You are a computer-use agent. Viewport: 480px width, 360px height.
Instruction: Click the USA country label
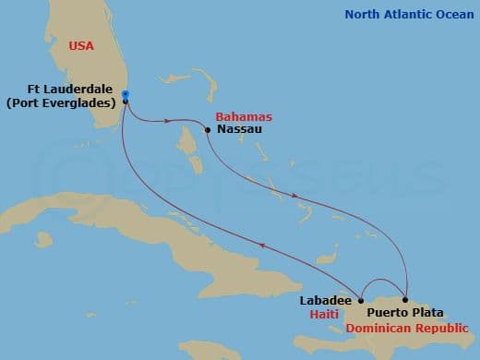81,45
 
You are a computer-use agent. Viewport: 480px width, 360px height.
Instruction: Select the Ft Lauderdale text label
70,90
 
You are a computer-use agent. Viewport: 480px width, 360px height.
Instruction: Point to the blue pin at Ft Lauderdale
125,94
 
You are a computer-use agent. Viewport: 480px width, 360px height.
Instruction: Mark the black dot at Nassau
209,130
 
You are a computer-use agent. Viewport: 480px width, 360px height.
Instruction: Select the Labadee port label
326,300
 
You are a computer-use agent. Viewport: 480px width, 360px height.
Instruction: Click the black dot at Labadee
361,300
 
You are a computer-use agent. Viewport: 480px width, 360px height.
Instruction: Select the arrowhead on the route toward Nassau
169,120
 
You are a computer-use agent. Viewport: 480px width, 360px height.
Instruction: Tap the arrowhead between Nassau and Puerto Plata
294,196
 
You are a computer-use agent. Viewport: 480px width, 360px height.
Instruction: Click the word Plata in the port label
433,313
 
